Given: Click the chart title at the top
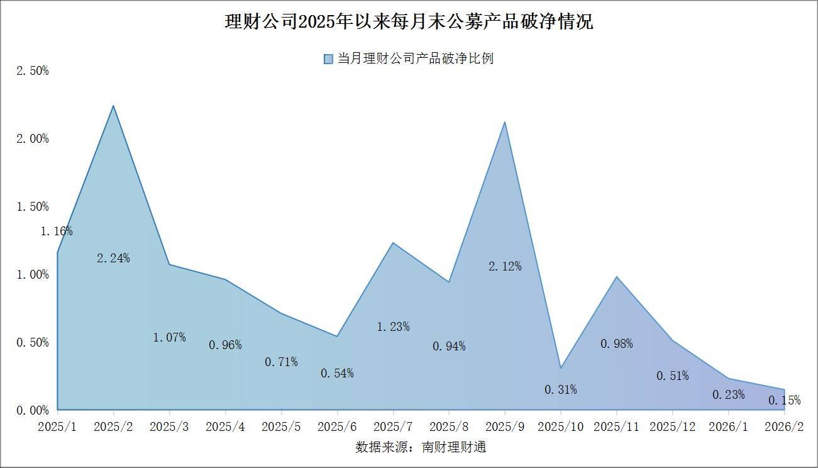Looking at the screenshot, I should [x=409, y=23].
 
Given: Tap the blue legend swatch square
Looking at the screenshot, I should [x=328, y=59].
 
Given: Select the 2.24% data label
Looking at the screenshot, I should [x=113, y=258].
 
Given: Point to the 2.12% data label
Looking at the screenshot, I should [x=505, y=266].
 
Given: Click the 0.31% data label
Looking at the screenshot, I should [x=560, y=389].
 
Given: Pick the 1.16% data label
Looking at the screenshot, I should [x=57, y=231].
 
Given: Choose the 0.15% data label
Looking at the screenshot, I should [x=784, y=400].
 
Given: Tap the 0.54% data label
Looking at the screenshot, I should [x=337, y=373].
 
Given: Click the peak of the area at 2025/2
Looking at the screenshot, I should [x=113, y=106].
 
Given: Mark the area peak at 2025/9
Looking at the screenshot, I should [x=505, y=122].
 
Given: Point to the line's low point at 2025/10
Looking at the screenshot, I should [x=561, y=368].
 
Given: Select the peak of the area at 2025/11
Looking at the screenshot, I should [x=617, y=277].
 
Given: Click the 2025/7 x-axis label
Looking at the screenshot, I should [x=393, y=426].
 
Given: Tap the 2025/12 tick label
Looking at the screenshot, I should [x=673, y=426].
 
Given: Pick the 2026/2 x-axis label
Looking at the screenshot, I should [x=784, y=426].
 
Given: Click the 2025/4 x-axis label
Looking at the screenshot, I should [x=225, y=426].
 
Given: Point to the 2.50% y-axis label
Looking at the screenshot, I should [x=32, y=70].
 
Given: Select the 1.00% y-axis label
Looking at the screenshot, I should [x=32, y=274].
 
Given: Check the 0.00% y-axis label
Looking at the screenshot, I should [x=32, y=410].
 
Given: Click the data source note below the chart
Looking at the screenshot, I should [x=421, y=447].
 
